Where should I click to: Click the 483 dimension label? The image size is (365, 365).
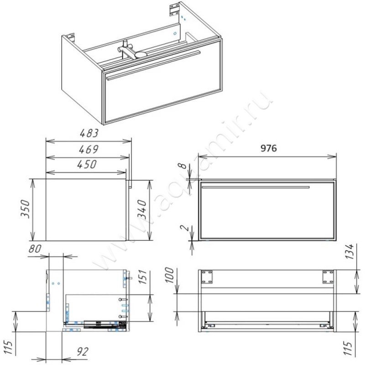(89, 133)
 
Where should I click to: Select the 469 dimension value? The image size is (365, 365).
(89, 149)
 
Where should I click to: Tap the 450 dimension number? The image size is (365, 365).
(87, 164)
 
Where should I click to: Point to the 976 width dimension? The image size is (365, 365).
(268, 148)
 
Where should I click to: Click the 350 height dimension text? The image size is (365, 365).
(25, 209)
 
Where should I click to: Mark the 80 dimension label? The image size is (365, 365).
(35, 249)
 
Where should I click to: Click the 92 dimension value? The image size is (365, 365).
(83, 352)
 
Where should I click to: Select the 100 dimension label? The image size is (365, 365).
(169, 275)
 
